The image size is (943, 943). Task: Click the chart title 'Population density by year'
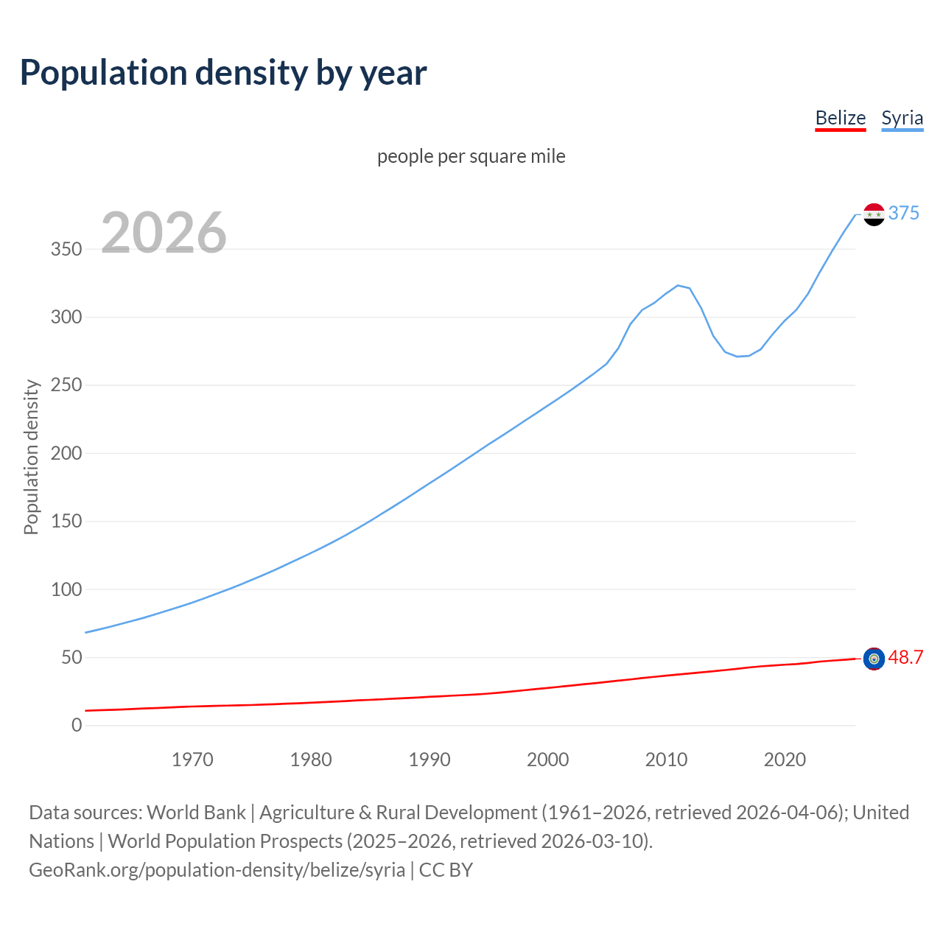[x=223, y=72]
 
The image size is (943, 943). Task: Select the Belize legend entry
[x=840, y=118]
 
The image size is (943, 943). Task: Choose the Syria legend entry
[x=902, y=118]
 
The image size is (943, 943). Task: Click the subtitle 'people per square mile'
[x=471, y=156]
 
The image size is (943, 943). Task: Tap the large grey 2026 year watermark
[x=164, y=233]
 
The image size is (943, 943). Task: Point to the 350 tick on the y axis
[x=66, y=249]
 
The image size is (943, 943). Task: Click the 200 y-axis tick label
[x=66, y=453]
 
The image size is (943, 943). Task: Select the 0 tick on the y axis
[x=77, y=725]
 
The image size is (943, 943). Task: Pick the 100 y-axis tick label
[x=66, y=589]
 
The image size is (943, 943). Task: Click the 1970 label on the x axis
[x=192, y=760]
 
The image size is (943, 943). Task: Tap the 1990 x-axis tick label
[x=430, y=760]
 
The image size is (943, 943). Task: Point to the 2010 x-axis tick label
[x=666, y=760]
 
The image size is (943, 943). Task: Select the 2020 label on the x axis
[x=785, y=760]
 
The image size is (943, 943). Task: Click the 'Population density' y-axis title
[x=31, y=457]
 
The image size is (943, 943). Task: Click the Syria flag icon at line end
[x=874, y=214]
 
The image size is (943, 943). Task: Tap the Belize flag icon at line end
[x=874, y=659]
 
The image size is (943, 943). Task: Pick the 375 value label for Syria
[x=903, y=213]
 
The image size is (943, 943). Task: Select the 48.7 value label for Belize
[x=905, y=657]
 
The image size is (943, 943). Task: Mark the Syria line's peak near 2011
[x=678, y=285]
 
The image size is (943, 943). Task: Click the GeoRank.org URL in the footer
[x=217, y=870]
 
